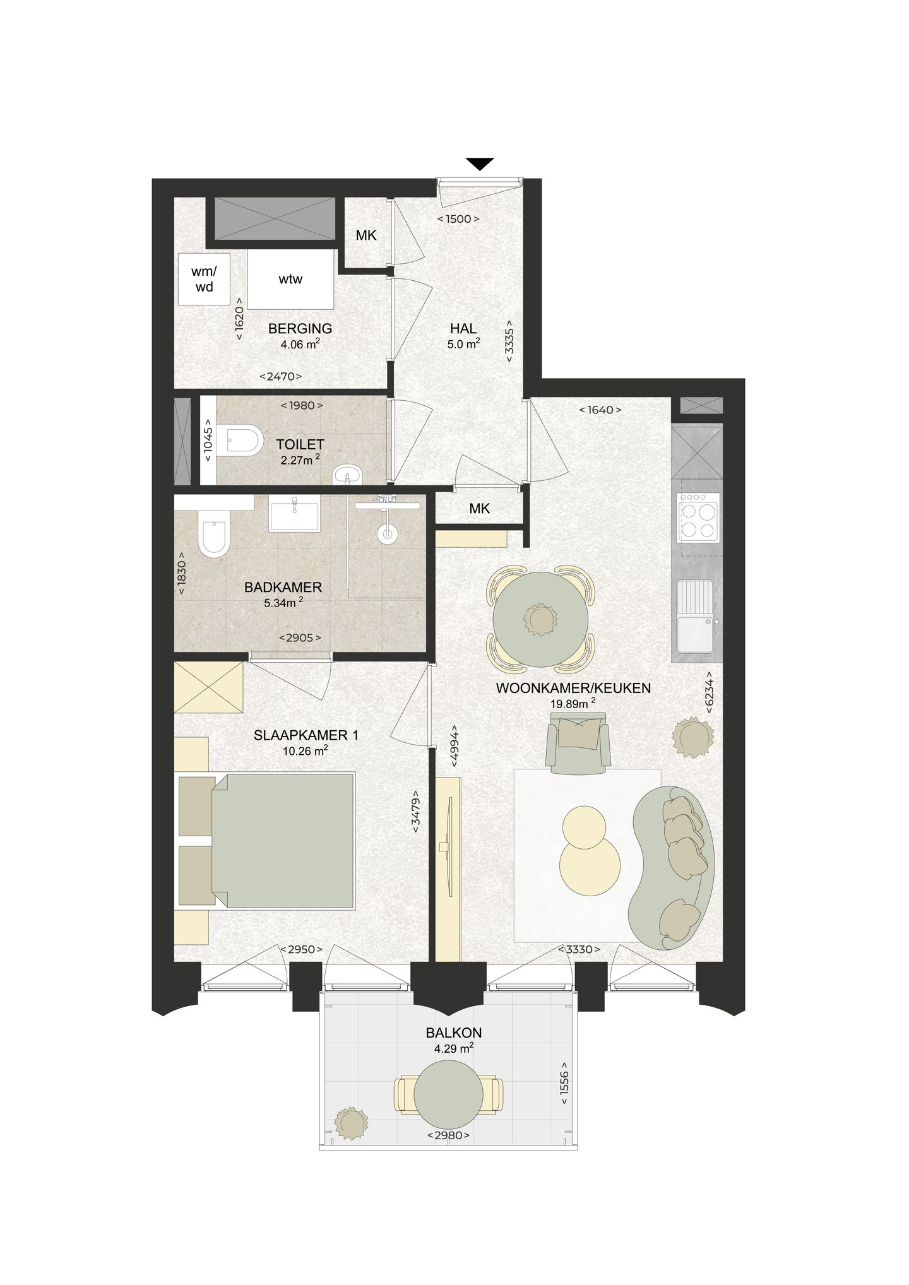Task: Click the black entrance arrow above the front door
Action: tap(480, 163)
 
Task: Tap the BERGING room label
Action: tap(300, 328)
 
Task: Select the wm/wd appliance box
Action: tap(203, 279)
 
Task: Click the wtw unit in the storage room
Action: tap(290, 279)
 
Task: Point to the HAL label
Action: tap(463, 328)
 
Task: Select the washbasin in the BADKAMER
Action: tap(294, 513)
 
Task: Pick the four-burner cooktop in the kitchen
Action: tap(698, 518)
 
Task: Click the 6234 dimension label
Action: tap(710, 692)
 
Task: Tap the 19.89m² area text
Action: tap(573, 704)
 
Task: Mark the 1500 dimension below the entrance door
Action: tap(458, 219)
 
